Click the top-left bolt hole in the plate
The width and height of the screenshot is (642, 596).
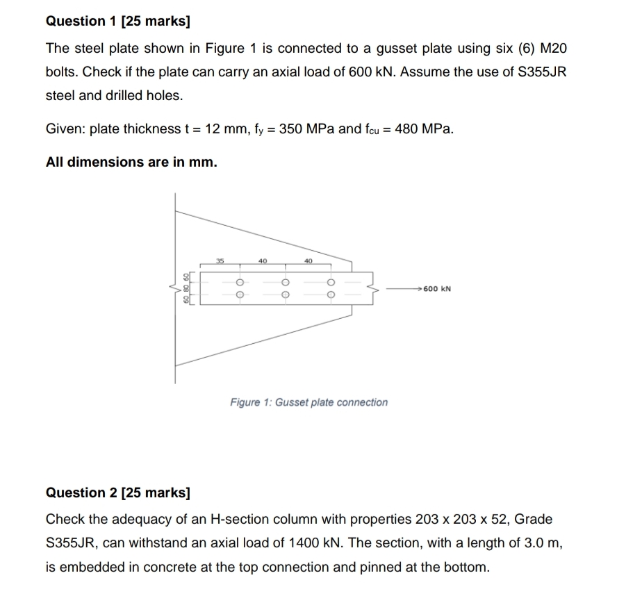point(238,283)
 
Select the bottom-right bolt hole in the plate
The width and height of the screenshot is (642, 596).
point(331,295)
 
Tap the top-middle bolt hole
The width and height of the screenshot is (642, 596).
point(285,283)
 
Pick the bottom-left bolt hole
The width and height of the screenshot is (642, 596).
point(238,295)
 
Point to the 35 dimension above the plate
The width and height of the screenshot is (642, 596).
point(220,261)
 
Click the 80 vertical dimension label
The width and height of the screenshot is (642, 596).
point(186,288)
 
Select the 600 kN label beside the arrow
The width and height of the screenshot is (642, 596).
point(437,288)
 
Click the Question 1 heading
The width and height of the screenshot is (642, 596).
point(117,21)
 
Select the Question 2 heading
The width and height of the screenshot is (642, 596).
point(117,492)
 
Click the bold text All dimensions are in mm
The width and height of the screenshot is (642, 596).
point(131,162)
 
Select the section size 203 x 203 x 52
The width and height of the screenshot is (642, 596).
point(472,520)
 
